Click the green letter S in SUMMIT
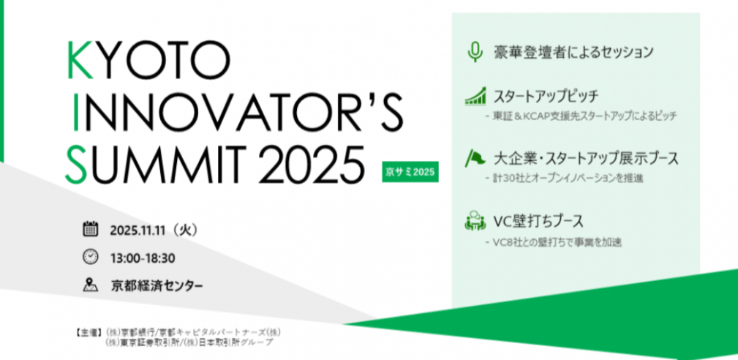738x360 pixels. [x=78, y=163]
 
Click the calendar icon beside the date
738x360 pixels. [x=90, y=230]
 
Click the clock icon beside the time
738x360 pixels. [x=90, y=257]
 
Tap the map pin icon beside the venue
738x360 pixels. [x=90, y=285]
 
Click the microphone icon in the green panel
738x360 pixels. [x=475, y=52]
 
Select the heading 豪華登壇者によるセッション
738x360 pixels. [x=572, y=53]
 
